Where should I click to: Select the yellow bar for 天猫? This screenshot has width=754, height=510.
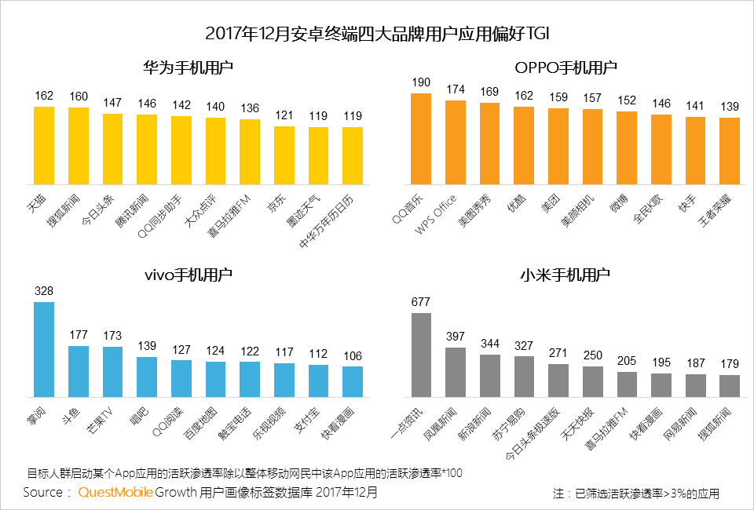click(x=44, y=144)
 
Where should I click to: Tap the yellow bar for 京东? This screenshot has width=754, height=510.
click(x=284, y=155)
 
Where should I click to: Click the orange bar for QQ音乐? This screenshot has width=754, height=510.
click(x=422, y=138)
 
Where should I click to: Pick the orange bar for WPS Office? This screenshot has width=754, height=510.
click(x=456, y=141)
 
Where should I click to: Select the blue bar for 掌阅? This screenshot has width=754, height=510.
click(x=44, y=350)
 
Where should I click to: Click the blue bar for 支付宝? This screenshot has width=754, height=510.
click(x=319, y=381)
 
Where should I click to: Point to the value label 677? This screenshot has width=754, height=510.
click(x=422, y=302)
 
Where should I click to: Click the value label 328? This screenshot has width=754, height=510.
click(x=44, y=291)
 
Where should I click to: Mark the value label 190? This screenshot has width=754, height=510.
click(x=422, y=82)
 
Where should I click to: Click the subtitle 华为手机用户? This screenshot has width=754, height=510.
click(x=188, y=68)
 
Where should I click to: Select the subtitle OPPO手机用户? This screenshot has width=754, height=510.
click(x=565, y=68)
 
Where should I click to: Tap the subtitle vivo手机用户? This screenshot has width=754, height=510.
click(x=188, y=275)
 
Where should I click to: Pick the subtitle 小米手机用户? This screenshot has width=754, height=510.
click(x=565, y=275)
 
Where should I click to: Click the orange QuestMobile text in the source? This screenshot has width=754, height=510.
click(x=115, y=493)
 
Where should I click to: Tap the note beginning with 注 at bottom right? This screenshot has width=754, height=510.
click(x=635, y=494)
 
